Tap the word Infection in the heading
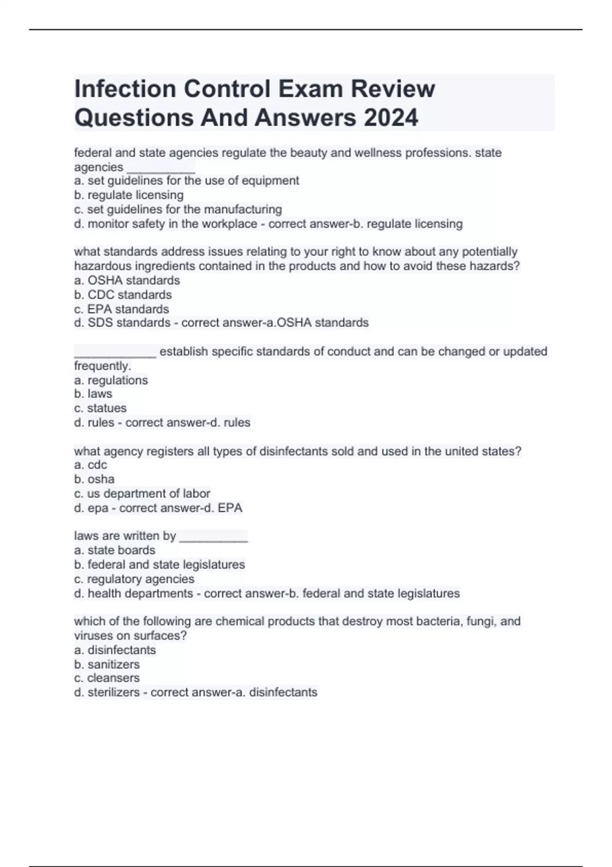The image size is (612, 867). [x=125, y=89]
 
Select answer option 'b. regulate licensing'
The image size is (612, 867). [x=129, y=195]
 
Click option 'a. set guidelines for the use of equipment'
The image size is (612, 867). [x=186, y=181]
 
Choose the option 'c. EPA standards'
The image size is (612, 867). [x=121, y=309]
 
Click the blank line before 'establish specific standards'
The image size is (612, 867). [x=115, y=352]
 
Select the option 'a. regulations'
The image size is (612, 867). [x=111, y=380]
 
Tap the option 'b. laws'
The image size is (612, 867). [x=93, y=394]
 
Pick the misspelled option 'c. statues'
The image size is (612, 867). [x=100, y=408]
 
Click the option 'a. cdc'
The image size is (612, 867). [x=90, y=465]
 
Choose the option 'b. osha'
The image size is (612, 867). [x=94, y=479]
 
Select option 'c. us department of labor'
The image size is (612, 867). [x=142, y=493]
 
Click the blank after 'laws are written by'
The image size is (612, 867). [x=214, y=537]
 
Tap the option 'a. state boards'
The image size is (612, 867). [x=114, y=550]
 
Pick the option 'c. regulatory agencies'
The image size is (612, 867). [x=134, y=579]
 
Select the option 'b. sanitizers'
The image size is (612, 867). [x=107, y=664]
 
